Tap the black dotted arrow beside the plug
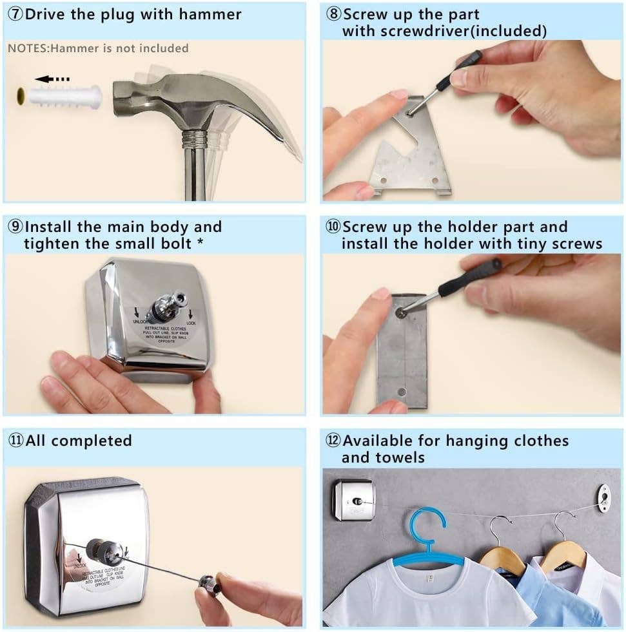(x=52, y=79)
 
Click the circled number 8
(x=333, y=14)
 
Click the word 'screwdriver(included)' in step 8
(x=444, y=30)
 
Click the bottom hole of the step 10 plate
(x=402, y=392)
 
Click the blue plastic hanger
(x=426, y=538)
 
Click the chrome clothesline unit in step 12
(x=353, y=500)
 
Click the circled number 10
(x=333, y=227)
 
